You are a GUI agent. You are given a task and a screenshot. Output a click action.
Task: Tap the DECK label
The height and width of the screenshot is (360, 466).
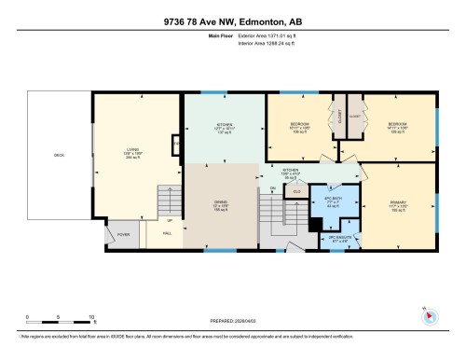tap(58, 155)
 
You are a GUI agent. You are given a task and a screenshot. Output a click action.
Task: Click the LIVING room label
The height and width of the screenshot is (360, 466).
tap(132, 151)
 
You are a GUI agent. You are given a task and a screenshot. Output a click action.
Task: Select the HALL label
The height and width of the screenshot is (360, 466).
tap(167, 233)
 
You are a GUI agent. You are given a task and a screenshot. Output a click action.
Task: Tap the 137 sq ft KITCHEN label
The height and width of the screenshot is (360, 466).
tap(225, 128)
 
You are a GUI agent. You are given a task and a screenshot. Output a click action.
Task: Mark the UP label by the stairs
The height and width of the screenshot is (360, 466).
tap(170, 220)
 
